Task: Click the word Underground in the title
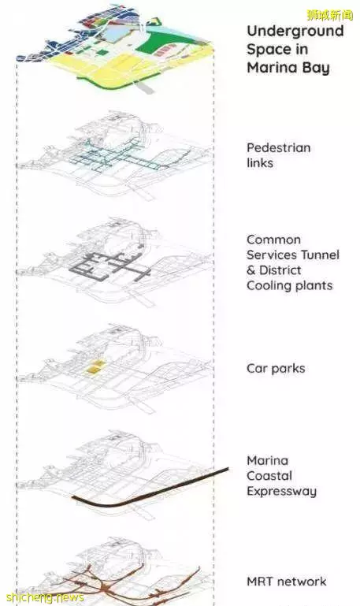pos(295,32)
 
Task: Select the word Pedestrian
pos(279,147)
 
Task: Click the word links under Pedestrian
pos(260,163)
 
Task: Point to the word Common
pos(273,240)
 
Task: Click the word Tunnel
pos(320,255)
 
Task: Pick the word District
pos(280,270)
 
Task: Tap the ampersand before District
pos(251,270)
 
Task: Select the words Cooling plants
pos(290,286)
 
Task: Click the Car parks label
pos(276,369)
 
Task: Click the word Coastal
pos(269,476)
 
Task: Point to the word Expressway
pos(281,492)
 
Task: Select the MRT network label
pos(286,582)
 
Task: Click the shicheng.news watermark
pos(45,597)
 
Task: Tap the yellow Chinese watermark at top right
pos(330,15)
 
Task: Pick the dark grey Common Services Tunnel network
pos(110,266)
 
